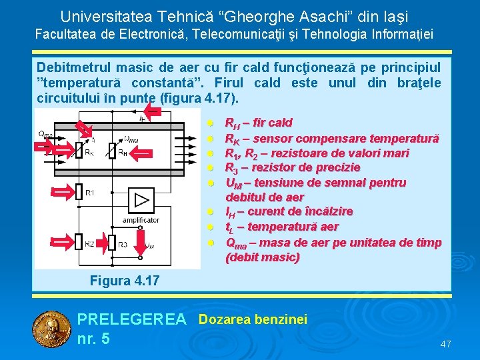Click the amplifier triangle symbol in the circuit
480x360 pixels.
[x=141, y=200]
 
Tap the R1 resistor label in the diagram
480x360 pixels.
[x=89, y=193]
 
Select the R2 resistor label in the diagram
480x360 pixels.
[x=89, y=244]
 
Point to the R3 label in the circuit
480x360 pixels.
[x=122, y=245]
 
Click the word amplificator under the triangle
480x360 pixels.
[x=141, y=220]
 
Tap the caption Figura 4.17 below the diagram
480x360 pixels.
[x=125, y=281]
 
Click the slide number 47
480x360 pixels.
[x=445, y=344]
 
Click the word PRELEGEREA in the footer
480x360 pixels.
[x=132, y=320]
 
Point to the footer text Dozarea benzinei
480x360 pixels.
[x=253, y=320]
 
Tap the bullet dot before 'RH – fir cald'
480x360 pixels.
[x=209, y=123]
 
